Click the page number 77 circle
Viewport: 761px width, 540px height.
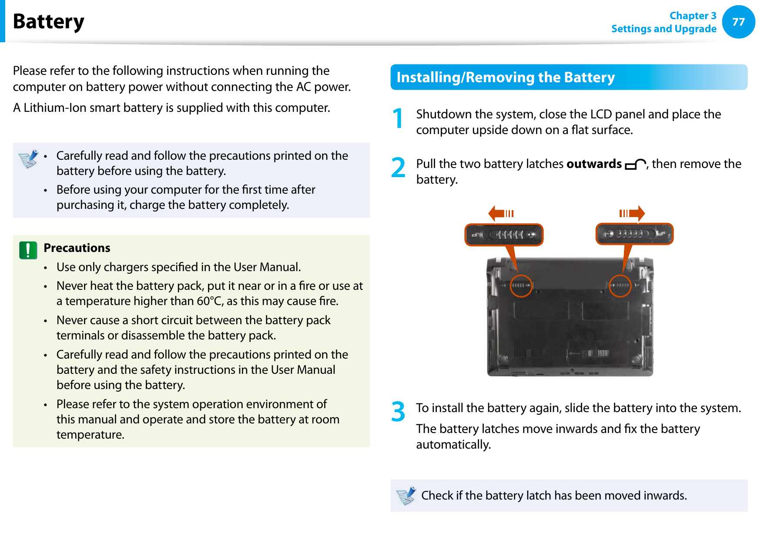click(738, 22)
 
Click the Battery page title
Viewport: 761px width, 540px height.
click(48, 21)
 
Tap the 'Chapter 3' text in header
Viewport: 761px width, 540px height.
click(692, 16)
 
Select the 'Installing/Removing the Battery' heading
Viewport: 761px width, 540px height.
click(505, 77)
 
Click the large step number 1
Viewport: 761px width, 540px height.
click(398, 119)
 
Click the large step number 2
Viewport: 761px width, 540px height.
click(398, 168)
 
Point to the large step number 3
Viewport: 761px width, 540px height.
click(398, 412)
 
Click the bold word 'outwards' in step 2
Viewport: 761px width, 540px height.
click(593, 164)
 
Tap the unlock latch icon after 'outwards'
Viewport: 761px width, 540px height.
click(635, 164)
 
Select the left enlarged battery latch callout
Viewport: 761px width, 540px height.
click(504, 235)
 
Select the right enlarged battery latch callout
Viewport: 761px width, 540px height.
click(634, 234)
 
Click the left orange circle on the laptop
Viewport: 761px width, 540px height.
click(521, 286)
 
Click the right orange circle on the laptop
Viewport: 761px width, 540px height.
click(620, 286)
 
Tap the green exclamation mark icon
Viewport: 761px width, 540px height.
click(28, 250)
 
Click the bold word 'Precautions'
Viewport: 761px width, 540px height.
click(77, 248)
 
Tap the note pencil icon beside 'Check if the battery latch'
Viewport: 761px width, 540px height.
click(406, 496)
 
